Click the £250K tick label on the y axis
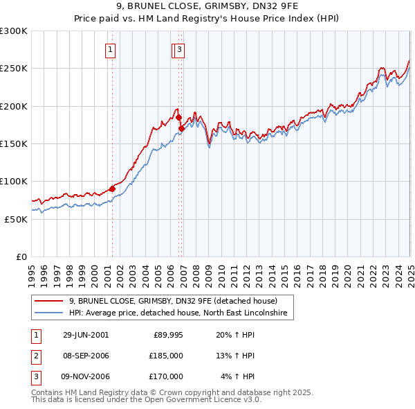click(14, 69)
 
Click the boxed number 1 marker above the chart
click(111, 49)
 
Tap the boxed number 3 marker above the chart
click(179, 49)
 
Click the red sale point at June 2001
click(112, 189)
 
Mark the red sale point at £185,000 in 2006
click(178, 118)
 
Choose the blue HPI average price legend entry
click(182, 313)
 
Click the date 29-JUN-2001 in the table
click(86, 335)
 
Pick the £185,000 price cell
click(166, 356)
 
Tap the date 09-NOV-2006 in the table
click(86, 376)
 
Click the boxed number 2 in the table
click(35, 356)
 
